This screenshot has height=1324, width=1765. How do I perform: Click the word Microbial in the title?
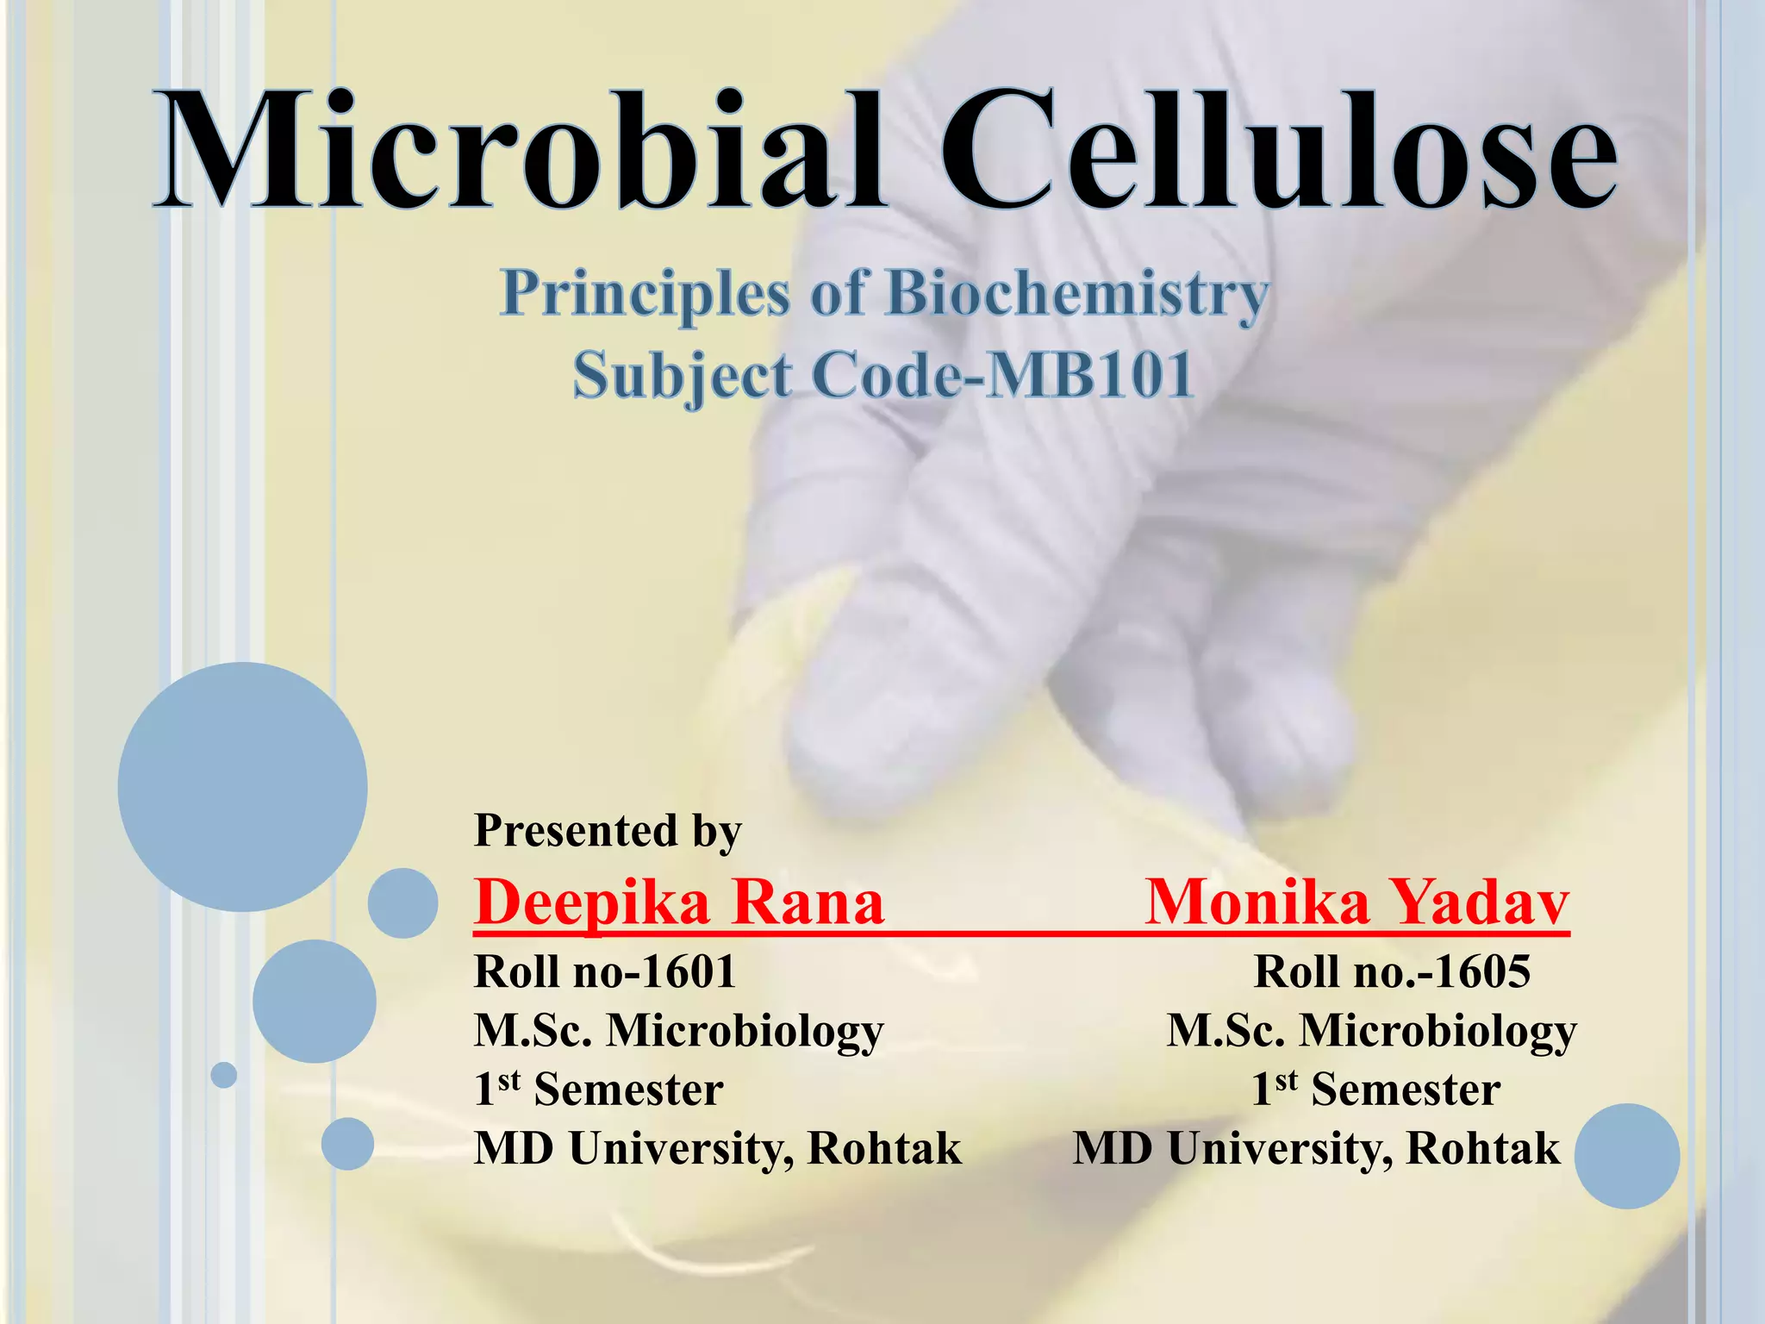(x=517, y=151)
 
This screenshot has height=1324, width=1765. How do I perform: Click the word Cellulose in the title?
(x=1275, y=151)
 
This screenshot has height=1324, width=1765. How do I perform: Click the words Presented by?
(x=608, y=831)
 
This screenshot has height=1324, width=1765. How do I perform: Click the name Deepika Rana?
(x=679, y=903)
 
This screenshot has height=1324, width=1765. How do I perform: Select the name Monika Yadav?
(x=1357, y=903)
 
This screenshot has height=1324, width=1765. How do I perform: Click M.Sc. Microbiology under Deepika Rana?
(x=679, y=1031)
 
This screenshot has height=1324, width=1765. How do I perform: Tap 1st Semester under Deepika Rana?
(x=599, y=1090)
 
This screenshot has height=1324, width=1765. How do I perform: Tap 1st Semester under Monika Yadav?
(x=1376, y=1090)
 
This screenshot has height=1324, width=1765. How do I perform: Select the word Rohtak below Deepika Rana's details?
(x=883, y=1148)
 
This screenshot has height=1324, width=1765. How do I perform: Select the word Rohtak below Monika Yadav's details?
(x=1482, y=1148)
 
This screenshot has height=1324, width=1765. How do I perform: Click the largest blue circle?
(x=242, y=786)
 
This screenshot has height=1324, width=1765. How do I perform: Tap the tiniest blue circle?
(x=224, y=1075)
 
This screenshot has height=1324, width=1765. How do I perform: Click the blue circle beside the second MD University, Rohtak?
(x=1626, y=1156)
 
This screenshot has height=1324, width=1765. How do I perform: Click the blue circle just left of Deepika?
(x=402, y=903)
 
